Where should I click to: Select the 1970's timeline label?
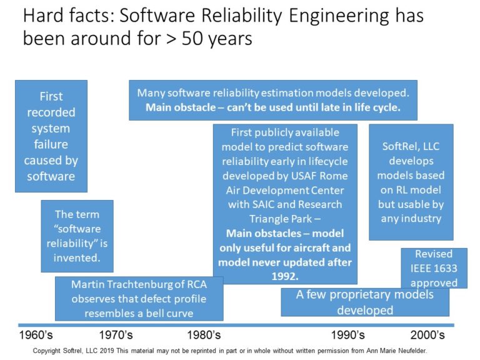[116, 335]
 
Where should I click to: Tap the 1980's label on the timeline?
[204, 335]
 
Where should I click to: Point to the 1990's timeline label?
[347, 335]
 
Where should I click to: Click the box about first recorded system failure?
[51, 136]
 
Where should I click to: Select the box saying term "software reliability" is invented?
[77, 236]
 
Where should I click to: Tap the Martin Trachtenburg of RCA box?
[138, 298]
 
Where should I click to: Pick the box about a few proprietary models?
[364, 302]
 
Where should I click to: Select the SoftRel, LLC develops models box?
[411, 182]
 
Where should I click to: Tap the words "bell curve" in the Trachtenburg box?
[183, 312]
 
